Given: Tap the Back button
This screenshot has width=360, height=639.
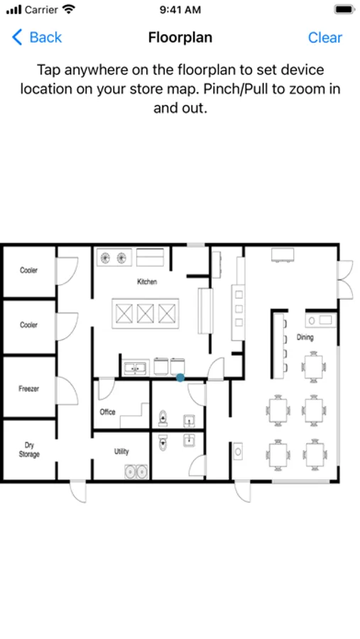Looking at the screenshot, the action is click(37, 37).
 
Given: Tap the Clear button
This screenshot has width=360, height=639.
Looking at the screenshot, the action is click(325, 37).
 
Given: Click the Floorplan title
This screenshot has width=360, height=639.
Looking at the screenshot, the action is click(180, 37).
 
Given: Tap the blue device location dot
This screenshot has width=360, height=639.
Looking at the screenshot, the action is click(180, 378).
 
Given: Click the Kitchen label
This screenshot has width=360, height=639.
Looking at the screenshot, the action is click(147, 282).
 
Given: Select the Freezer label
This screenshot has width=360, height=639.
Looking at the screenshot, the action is click(29, 388).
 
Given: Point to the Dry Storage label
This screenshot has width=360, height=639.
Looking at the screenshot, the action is click(29, 449).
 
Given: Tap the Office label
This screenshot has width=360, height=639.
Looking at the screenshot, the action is click(108, 412).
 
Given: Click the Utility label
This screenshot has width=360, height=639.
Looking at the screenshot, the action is click(121, 451).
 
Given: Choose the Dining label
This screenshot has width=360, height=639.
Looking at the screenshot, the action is click(305, 337).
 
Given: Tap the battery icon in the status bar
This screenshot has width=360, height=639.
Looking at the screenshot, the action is click(344, 9).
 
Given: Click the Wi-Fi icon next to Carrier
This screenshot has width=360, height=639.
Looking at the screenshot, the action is click(70, 9).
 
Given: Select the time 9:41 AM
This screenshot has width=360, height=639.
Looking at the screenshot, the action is click(180, 9).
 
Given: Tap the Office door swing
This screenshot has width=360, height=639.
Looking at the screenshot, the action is click(107, 389).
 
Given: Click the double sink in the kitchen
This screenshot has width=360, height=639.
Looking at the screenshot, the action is click(136, 368).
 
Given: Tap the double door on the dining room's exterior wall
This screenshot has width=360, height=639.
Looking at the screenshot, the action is click(345, 280).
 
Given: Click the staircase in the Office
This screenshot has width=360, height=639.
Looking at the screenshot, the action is click(134, 415).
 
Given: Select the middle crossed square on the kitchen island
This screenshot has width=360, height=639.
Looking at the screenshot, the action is click(145, 313).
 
